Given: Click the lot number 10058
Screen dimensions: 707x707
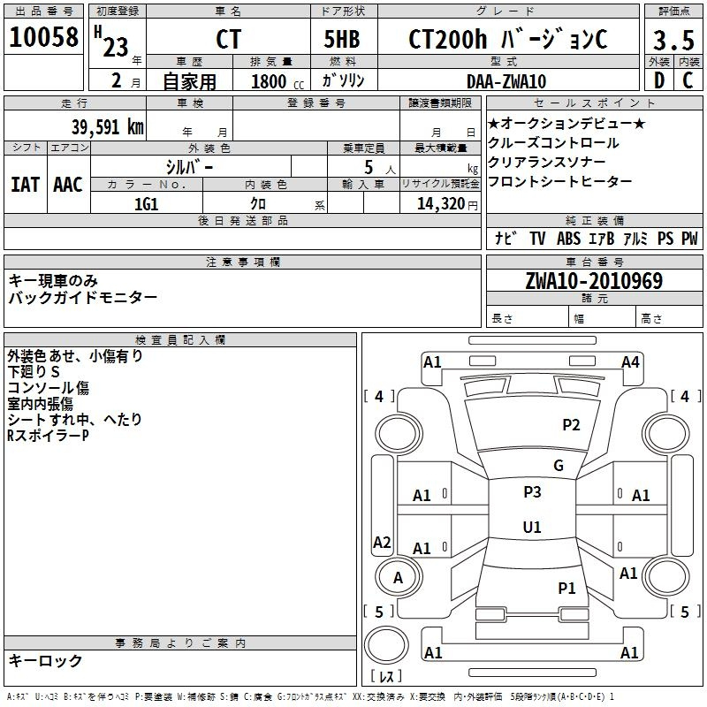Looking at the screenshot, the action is pyautogui.click(x=43, y=37).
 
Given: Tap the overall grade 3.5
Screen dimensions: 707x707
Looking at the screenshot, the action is pyautogui.click(x=673, y=40).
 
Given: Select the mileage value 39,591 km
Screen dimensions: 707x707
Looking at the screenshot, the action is pyautogui.click(x=107, y=127).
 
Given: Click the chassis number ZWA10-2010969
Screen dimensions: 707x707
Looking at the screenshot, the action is pyautogui.click(x=594, y=281).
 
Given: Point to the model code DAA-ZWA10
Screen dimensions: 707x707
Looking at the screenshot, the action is pyautogui.click(x=506, y=81).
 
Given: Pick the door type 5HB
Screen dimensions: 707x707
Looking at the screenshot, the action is pyautogui.click(x=342, y=39).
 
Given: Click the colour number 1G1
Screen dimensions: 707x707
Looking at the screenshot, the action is pyautogui.click(x=146, y=204).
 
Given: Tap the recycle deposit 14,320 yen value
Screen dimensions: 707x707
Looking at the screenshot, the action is pyautogui.click(x=447, y=204).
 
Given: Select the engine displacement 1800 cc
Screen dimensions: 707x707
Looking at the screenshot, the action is pyautogui.click(x=277, y=81).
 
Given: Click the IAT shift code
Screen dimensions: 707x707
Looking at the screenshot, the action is pyautogui.click(x=25, y=185).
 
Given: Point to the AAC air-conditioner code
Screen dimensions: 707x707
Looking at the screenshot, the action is pyautogui.click(x=68, y=185).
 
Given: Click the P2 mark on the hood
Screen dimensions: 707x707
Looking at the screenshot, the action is pyautogui.click(x=571, y=425).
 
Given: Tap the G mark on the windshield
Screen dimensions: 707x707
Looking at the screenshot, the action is pyautogui.click(x=559, y=466).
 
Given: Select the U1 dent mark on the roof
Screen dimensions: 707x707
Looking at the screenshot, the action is pyautogui.click(x=532, y=527).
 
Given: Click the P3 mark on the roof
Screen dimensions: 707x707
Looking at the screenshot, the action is pyautogui.click(x=532, y=492).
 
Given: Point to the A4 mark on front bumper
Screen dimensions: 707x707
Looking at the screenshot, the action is pyautogui.click(x=630, y=362).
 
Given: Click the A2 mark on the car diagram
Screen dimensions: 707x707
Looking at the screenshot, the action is pyautogui.click(x=382, y=542).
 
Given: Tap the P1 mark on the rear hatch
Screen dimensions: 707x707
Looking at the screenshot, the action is pyautogui.click(x=566, y=588).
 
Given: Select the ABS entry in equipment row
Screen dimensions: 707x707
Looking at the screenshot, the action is pyautogui.click(x=568, y=238).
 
